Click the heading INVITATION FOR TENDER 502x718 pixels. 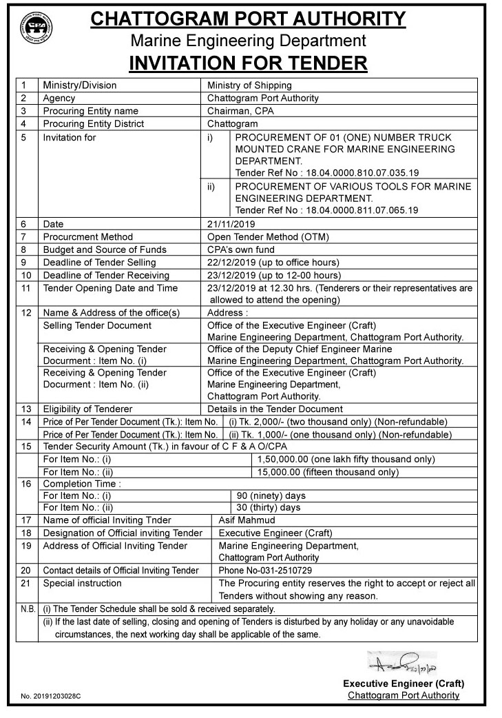pyautogui.click(x=248, y=64)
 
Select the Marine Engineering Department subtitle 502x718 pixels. pyautogui.click(x=248, y=41)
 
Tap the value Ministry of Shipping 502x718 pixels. pyautogui.click(x=249, y=85)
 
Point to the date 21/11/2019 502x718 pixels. pyautogui.click(x=231, y=224)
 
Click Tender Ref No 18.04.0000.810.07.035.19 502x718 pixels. pyautogui.click(x=327, y=172)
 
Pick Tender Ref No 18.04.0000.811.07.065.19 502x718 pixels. pyautogui.click(x=327, y=209)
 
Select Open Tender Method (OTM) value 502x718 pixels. pyautogui.click(x=268, y=236)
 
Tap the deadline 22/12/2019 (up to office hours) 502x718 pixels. pyautogui.click(x=273, y=262)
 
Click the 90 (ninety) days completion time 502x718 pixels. pyautogui.click(x=271, y=495)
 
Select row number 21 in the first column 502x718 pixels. pyautogui.click(x=26, y=583)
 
